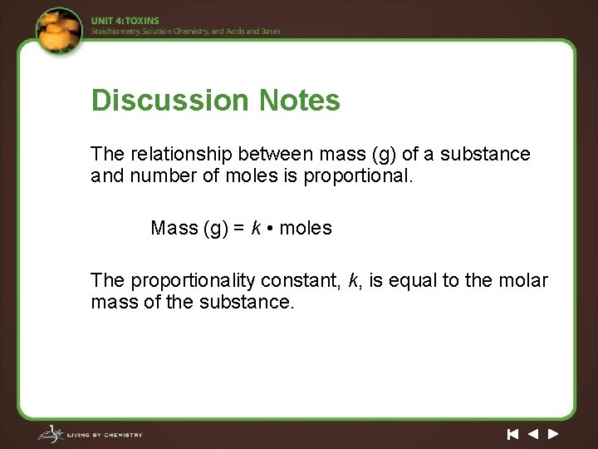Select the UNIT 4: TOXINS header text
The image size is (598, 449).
click(125, 21)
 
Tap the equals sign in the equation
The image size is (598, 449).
click(236, 229)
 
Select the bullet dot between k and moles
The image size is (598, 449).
click(271, 229)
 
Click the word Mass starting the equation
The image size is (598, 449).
click(174, 228)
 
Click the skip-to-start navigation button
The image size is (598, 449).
click(512, 434)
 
